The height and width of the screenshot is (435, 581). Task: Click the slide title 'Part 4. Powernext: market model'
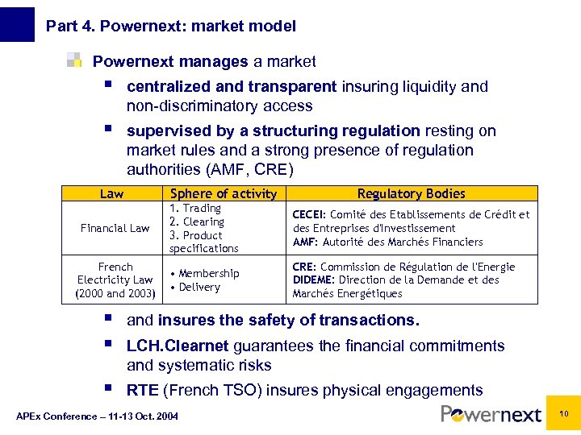click(171, 27)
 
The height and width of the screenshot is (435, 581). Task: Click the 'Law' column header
click(111, 193)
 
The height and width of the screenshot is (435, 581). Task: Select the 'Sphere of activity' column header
click(224, 193)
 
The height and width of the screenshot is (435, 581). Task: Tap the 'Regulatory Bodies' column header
click(411, 193)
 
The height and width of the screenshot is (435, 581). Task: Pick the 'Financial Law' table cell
click(115, 228)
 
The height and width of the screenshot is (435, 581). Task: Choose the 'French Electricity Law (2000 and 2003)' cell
click(115, 280)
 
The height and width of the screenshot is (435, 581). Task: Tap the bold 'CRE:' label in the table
click(304, 267)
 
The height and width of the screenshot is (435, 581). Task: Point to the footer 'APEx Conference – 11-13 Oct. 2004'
click(98, 416)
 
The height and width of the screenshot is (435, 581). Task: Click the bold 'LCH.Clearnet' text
click(178, 346)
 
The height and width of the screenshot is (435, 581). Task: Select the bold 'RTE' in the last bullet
click(143, 391)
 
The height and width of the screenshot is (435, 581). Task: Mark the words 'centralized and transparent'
click(232, 86)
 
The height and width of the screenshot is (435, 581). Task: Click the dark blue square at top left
click(17, 24)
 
